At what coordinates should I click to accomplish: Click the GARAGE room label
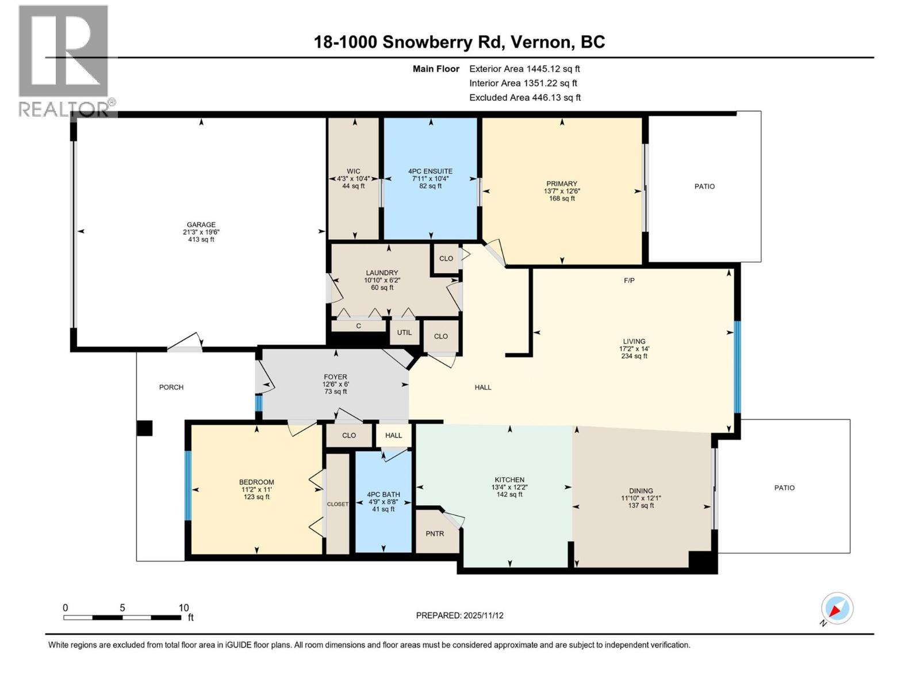201,225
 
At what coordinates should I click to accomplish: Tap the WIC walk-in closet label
354,171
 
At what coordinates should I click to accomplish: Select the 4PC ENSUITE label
430,171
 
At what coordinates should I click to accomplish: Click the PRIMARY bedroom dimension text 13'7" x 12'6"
562,191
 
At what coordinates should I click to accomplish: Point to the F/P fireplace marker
629,281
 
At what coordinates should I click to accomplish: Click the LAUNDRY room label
382,273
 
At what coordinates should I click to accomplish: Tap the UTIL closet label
404,332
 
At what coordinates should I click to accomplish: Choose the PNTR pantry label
435,534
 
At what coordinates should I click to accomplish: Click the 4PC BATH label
384,494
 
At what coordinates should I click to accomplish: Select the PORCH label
171,387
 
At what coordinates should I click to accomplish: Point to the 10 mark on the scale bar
183,608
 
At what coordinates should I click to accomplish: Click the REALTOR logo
64,60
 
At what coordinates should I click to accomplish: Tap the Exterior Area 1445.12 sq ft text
524,68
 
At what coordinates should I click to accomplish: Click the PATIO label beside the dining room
784,488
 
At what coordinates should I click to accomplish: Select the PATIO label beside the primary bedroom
704,186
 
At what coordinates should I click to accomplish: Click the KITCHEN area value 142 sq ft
509,494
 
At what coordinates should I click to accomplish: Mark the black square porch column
144,428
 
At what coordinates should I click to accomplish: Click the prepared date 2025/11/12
483,615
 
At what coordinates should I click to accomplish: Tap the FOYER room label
335,377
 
